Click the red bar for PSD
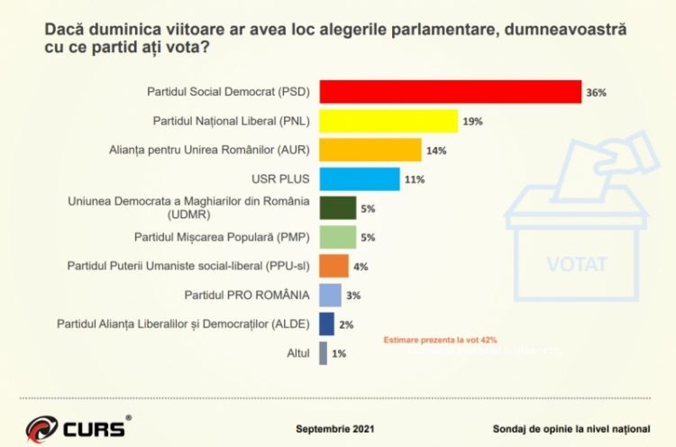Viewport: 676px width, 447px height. coord(450,92)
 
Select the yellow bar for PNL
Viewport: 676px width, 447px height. coord(388,121)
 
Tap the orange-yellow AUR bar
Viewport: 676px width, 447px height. coord(370,150)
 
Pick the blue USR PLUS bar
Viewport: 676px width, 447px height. coord(360,178)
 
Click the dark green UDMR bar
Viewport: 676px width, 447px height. coord(338,208)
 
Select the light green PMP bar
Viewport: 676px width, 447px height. coord(338,237)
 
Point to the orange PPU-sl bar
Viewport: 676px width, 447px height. coord(334,266)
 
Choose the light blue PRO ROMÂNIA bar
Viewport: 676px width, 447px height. coord(331,295)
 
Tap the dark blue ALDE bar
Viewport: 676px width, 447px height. coord(327,324)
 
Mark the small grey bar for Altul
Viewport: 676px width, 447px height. coord(324,353)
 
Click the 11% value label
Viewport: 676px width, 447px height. coord(415,179)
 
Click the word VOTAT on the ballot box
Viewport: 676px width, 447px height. coord(577,264)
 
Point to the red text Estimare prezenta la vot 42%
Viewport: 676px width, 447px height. coord(440,340)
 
